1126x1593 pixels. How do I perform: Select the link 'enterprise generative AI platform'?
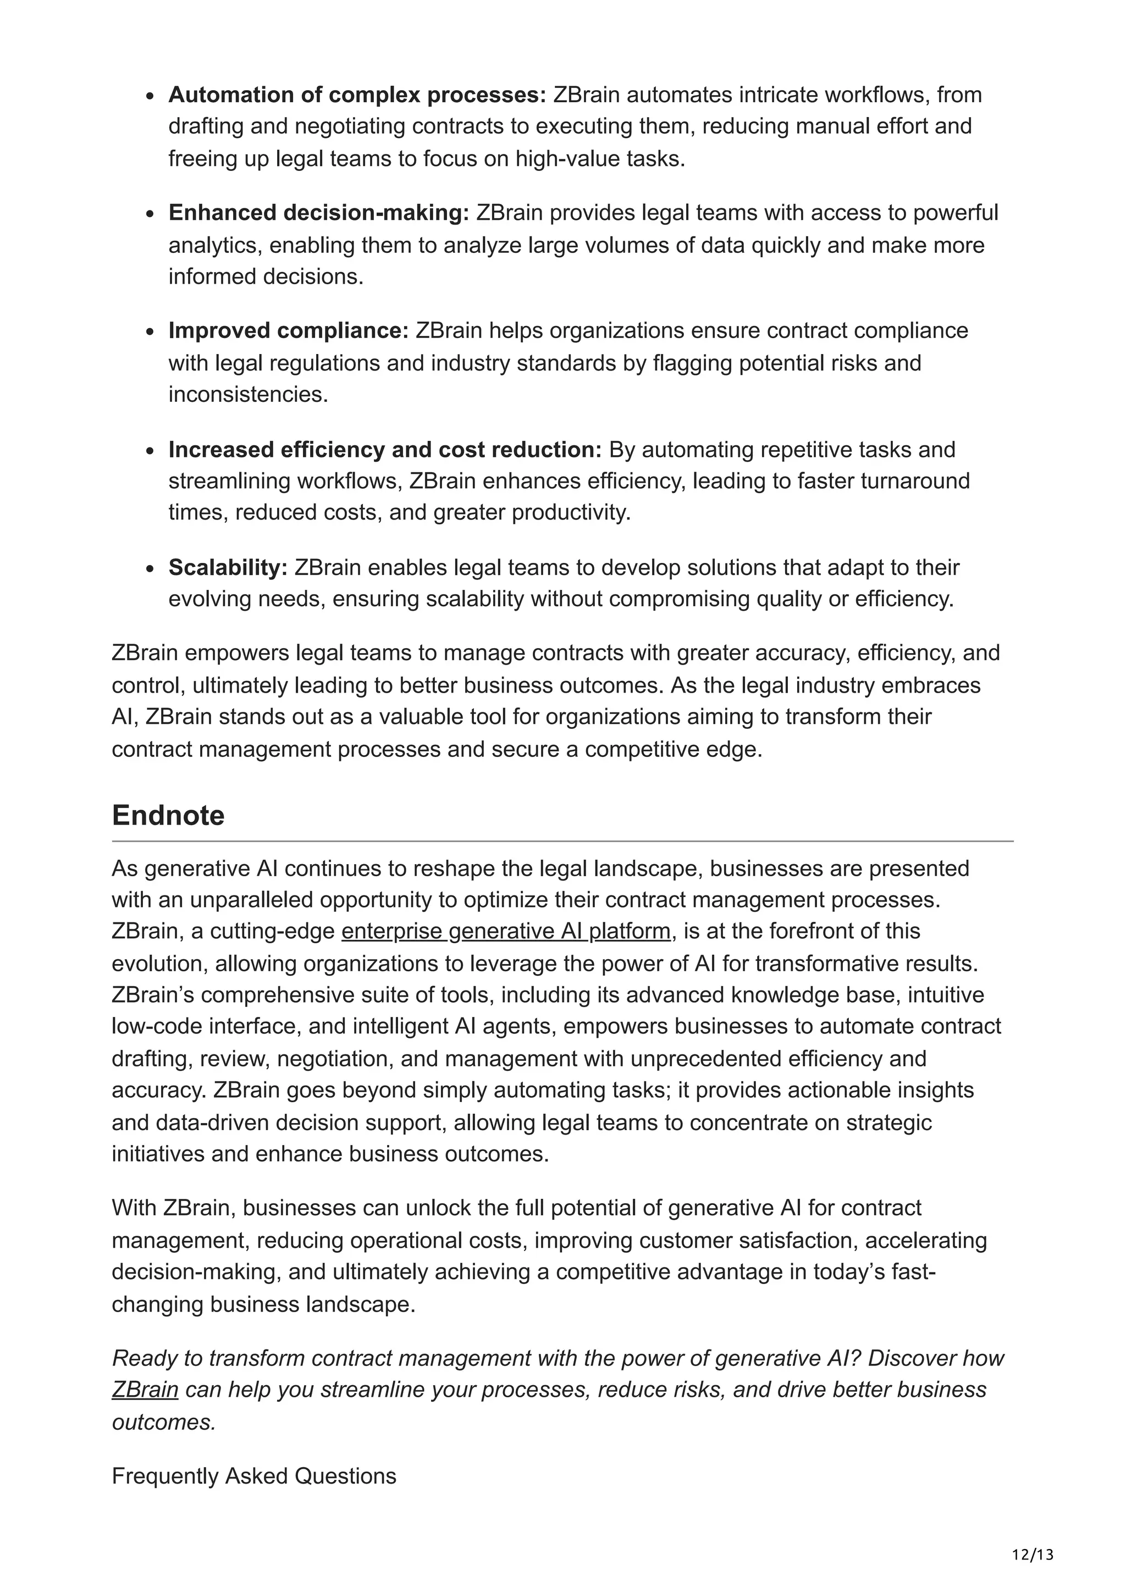[x=506, y=931]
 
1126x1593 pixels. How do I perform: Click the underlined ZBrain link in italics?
[x=145, y=1390]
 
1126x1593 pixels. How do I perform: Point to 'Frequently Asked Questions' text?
[x=254, y=1476]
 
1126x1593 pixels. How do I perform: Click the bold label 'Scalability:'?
[x=228, y=567]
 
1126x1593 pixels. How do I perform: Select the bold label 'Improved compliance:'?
[x=289, y=330]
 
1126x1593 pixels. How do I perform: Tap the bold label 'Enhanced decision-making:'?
[x=319, y=212]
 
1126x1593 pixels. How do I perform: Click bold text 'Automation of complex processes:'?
[x=357, y=95]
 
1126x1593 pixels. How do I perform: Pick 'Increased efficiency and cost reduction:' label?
[x=385, y=450]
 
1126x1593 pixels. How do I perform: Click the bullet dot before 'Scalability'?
[x=150, y=569]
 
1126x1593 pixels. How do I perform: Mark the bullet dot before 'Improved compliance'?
[x=150, y=331]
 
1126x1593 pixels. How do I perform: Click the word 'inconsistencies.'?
[x=247, y=394]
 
